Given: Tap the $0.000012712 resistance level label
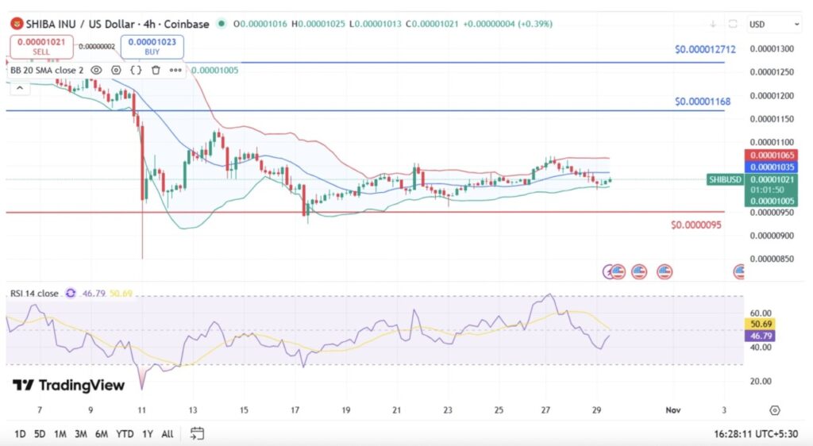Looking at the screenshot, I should (x=705, y=49).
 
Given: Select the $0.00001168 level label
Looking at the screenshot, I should (x=703, y=102).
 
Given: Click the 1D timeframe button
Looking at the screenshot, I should (x=21, y=433).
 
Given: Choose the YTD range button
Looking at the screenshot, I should (x=124, y=433).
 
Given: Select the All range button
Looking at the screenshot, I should (x=167, y=433).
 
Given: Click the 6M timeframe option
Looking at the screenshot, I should (x=101, y=433).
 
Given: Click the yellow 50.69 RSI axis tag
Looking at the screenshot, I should (x=761, y=324).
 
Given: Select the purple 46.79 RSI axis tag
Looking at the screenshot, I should (x=761, y=336).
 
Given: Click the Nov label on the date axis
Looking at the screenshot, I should (x=672, y=409).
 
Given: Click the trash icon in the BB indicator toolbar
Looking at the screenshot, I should (x=156, y=70).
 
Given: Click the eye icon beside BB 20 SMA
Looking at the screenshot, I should (x=96, y=70).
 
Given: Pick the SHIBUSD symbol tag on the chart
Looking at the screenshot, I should (x=726, y=179).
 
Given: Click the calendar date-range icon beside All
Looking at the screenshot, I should (x=197, y=433).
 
